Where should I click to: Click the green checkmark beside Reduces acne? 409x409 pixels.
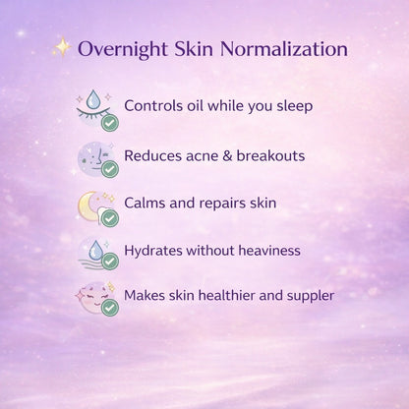coord(110,170)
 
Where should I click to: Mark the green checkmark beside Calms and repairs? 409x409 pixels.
coord(110,217)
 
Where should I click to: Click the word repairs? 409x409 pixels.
coord(219,203)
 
